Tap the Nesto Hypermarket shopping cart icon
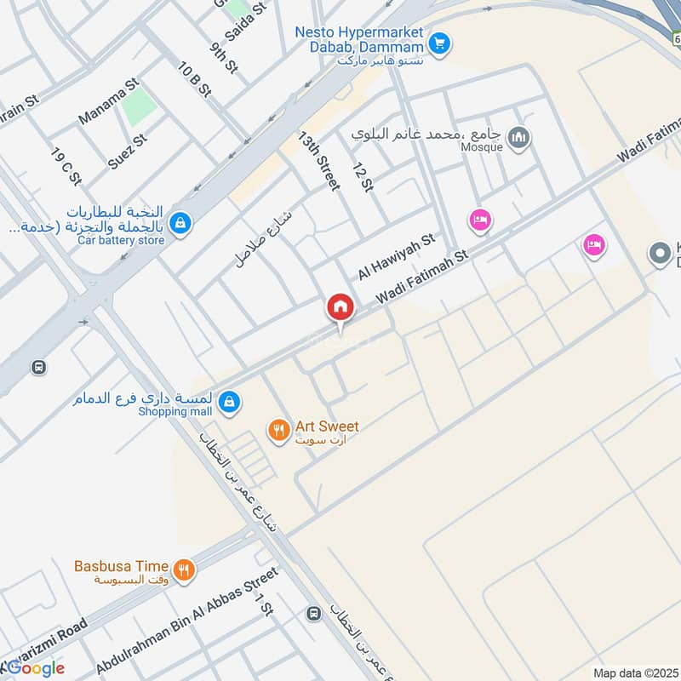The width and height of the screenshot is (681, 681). tap(439, 41)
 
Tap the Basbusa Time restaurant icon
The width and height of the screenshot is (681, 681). tap(183, 569)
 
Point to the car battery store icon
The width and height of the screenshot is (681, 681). tap(180, 224)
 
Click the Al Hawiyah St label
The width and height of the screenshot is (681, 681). tap(396, 257)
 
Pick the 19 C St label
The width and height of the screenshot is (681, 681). tap(66, 167)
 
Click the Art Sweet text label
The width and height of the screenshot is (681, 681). tap(327, 426)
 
